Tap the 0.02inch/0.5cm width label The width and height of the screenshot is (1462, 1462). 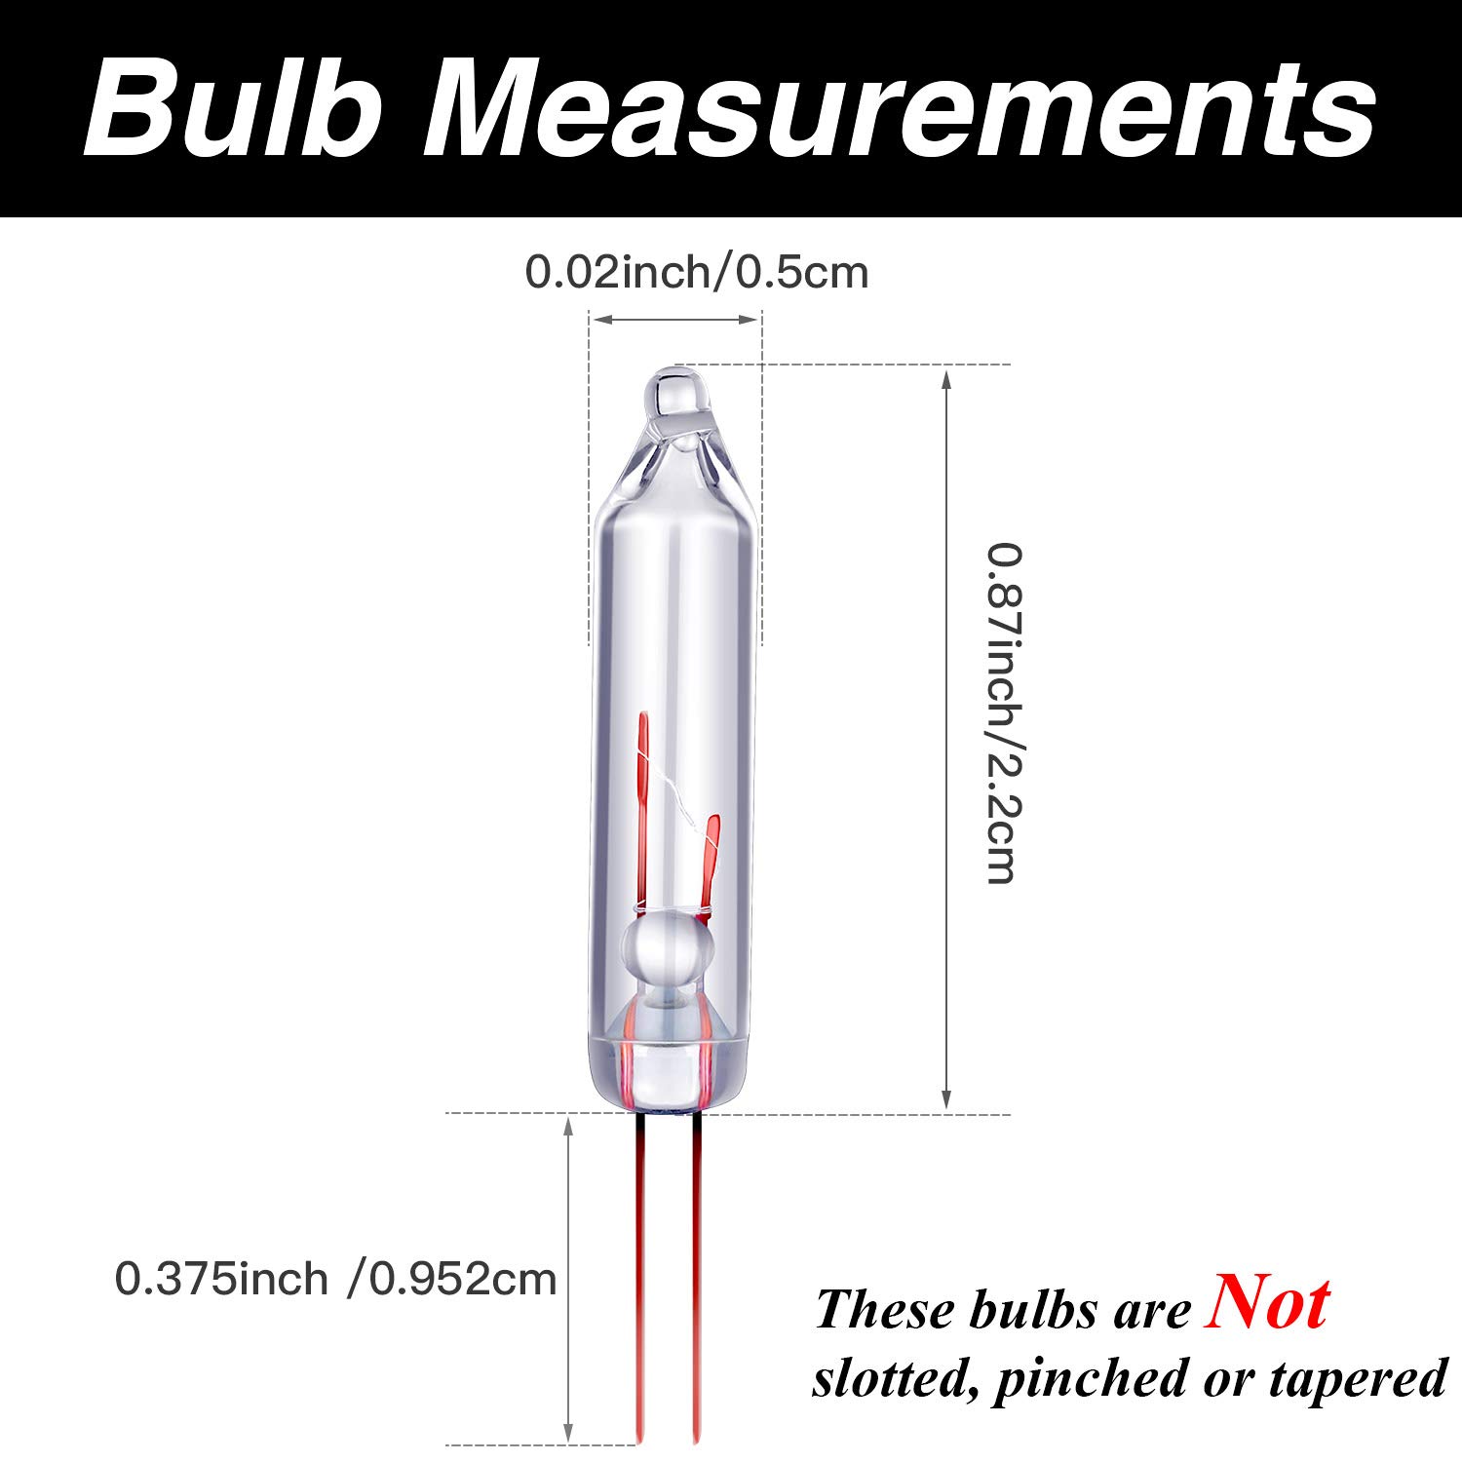tap(696, 272)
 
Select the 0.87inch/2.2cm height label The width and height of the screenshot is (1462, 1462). tap(1004, 713)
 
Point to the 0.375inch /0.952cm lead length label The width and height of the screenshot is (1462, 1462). tap(335, 1279)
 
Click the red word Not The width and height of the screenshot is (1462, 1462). tap(1266, 1303)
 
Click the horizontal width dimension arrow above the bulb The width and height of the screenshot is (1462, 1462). tap(675, 319)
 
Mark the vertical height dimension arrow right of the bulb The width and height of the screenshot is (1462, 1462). tap(945, 741)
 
